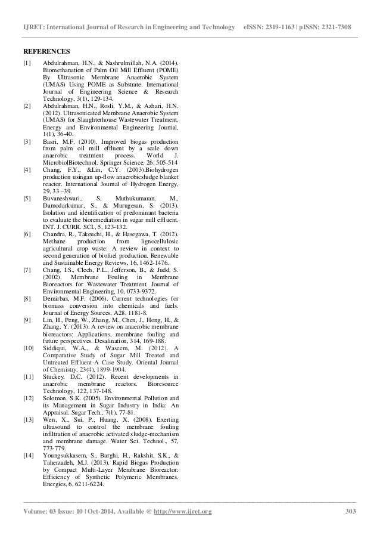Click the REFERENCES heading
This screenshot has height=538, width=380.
(x=46, y=51)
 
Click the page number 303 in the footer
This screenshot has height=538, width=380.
(x=350, y=512)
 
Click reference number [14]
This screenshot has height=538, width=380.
(x=28, y=455)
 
